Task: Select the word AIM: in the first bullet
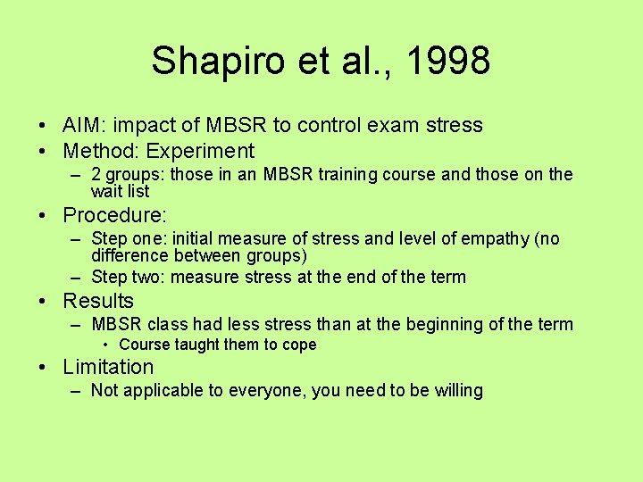86,125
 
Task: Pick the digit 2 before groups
96,175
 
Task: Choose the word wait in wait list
106,191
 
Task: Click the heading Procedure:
115,215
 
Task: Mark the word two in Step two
147,277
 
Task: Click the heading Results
98,301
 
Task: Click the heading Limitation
108,367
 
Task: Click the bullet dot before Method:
43,151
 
